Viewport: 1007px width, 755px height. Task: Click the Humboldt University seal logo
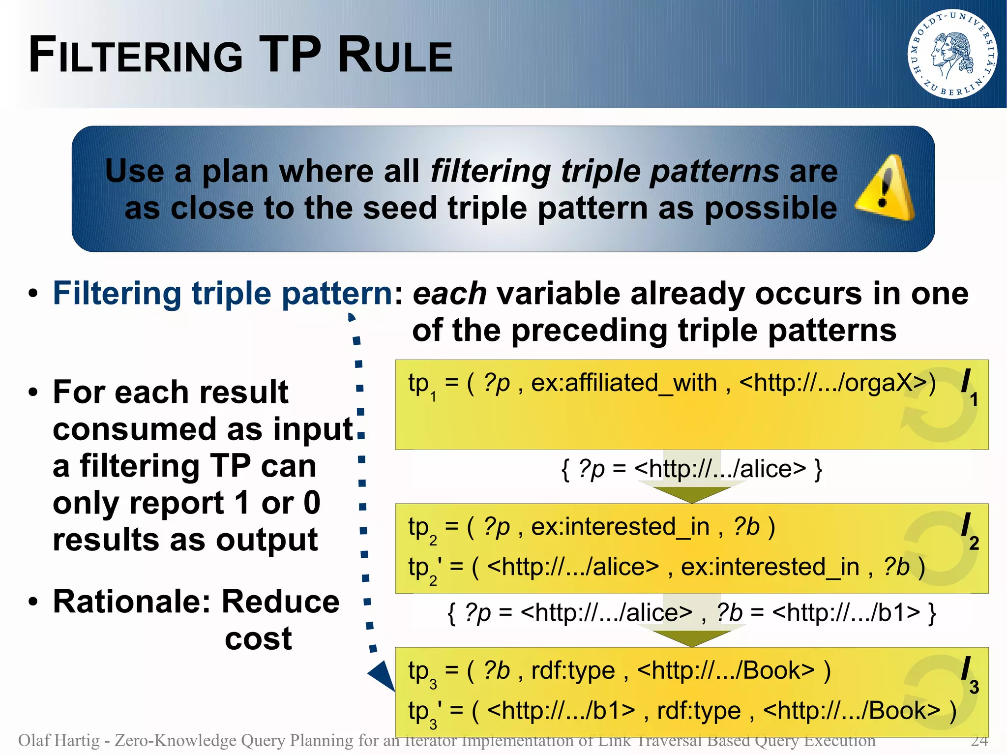pos(952,54)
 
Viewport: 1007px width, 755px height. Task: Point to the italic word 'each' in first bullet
pos(449,294)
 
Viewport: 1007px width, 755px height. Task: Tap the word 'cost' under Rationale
pos(258,638)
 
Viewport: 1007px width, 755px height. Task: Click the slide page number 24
pos(979,740)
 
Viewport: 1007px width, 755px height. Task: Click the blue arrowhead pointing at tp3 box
pos(382,675)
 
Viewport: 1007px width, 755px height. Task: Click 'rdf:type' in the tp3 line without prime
pos(573,670)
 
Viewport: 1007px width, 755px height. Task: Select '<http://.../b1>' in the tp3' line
pos(561,711)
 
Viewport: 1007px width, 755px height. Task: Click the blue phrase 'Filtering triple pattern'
pos(222,294)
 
